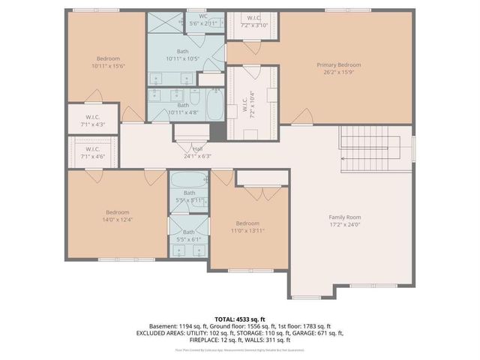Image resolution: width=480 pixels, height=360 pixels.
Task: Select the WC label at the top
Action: click(x=203, y=16)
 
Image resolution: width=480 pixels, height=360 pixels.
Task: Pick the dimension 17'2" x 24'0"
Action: click(x=346, y=224)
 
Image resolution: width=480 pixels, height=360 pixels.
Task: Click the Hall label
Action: click(x=198, y=148)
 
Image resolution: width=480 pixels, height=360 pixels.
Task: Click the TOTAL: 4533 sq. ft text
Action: click(x=240, y=319)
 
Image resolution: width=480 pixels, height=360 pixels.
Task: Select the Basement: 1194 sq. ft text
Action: click(x=180, y=326)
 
